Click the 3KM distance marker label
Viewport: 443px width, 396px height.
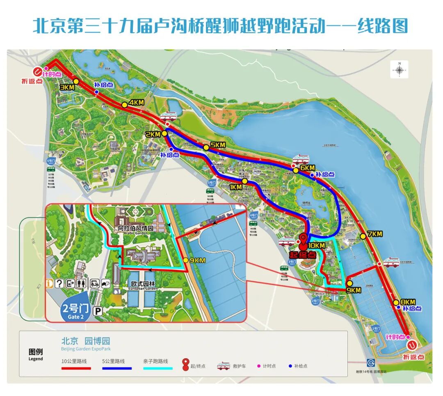click(66, 88)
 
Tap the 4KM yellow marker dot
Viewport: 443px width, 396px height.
click(124, 104)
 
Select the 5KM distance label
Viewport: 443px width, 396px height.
click(218, 145)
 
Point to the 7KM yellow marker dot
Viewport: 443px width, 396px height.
click(363, 236)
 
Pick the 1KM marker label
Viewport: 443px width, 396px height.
click(235, 187)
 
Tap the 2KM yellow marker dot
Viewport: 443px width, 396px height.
click(164, 133)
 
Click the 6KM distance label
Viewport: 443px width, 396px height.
click(307, 168)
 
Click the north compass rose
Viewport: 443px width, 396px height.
click(400, 69)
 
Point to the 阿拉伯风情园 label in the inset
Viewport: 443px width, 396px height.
click(136, 228)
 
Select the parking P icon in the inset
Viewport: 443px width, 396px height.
click(98, 312)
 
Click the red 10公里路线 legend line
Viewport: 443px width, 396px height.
click(76, 368)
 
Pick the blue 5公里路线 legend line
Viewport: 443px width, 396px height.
click(117, 368)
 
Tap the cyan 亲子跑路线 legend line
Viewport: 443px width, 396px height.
click(158, 368)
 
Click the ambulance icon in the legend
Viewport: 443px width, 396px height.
click(223, 366)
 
